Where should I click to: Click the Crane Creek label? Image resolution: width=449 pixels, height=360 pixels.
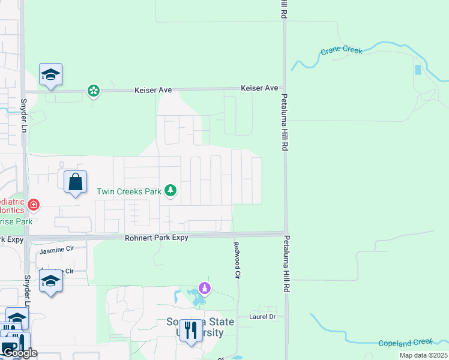pos(342,51)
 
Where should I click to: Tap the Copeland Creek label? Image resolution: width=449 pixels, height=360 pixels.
pos(406,342)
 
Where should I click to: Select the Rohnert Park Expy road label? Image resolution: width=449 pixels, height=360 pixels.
pos(157,238)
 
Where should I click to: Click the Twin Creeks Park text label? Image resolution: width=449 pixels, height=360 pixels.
pos(129,191)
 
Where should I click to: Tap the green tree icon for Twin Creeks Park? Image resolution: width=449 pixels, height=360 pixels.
pos(171,191)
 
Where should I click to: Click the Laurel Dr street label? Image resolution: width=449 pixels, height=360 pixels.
pos(263,316)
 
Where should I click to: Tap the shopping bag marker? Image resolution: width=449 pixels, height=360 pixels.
pos(75,181)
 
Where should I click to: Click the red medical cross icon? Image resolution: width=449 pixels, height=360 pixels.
pos(33,205)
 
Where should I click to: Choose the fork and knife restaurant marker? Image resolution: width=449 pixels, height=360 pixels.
pos(191,330)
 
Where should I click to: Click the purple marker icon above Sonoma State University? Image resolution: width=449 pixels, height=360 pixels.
pos(205,289)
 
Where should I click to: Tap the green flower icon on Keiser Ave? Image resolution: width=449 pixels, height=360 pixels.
pos(93,91)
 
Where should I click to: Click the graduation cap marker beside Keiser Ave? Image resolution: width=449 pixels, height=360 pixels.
pos(51,75)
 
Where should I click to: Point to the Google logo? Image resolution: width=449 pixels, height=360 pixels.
pos(19,353)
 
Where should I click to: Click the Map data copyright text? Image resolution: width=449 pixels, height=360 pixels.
pos(423,355)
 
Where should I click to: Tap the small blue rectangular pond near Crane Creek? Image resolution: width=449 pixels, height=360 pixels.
pos(418,70)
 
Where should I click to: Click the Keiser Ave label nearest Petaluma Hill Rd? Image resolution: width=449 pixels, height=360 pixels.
pos(259,88)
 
